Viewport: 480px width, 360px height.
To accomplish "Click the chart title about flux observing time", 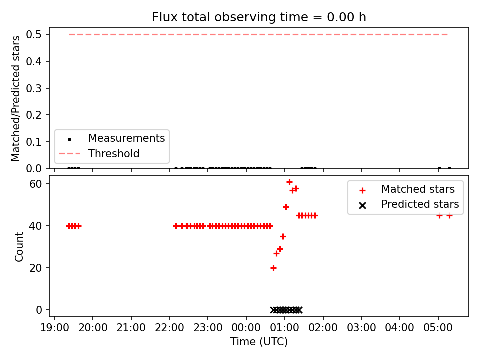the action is pyautogui.click(x=259, y=17).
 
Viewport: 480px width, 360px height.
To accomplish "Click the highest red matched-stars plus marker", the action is pyautogui.click(x=289, y=182).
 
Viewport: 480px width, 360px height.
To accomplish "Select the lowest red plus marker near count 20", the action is pyautogui.click(x=273, y=268).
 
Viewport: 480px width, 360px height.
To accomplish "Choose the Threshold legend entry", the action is pyautogui.click(x=99, y=153).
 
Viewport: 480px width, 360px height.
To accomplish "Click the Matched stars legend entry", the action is pyautogui.click(x=407, y=189).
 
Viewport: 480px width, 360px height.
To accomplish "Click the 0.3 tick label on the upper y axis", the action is pyautogui.click(x=34, y=88).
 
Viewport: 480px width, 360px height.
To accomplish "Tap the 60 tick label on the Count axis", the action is pyautogui.click(x=35, y=184).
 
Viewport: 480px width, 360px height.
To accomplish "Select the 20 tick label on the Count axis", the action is pyautogui.click(x=35, y=268).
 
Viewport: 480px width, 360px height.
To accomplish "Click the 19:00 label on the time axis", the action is pyautogui.click(x=55, y=328).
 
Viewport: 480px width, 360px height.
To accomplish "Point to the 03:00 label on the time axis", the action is pyautogui.click(x=361, y=328).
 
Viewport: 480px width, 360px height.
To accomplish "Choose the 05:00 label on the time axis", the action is pyautogui.click(x=438, y=328).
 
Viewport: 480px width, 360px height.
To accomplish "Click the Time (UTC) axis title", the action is pyautogui.click(x=259, y=342).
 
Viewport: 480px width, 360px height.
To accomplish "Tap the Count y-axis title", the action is pyautogui.click(x=19, y=246).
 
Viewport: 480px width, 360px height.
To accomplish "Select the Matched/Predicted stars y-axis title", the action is pyautogui.click(x=16, y=98).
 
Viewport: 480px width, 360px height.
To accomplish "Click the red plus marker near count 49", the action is pyautogui.click(x=286, y=207).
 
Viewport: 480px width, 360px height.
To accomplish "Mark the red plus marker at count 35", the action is pyautogui.click(x=283, y=236).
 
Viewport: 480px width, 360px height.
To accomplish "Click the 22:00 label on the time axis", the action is pyautogui.click(x=170, y=328).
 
